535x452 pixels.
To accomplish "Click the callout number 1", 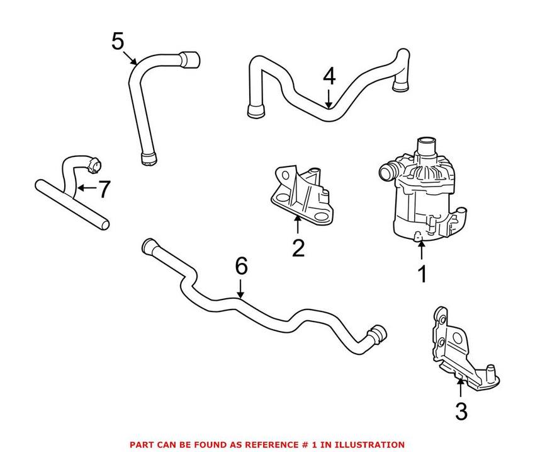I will [422, 274].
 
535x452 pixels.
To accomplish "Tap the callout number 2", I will [298, 247].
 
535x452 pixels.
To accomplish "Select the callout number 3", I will [461, 412].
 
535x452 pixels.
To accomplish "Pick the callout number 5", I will [118, 42].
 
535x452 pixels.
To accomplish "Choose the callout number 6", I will [242, 267].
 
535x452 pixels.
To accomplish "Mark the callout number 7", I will [104, 188].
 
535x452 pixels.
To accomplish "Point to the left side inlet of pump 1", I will [386, 171].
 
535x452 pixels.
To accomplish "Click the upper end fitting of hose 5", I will [191, 61].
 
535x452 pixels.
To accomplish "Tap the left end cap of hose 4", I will [254, 112].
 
